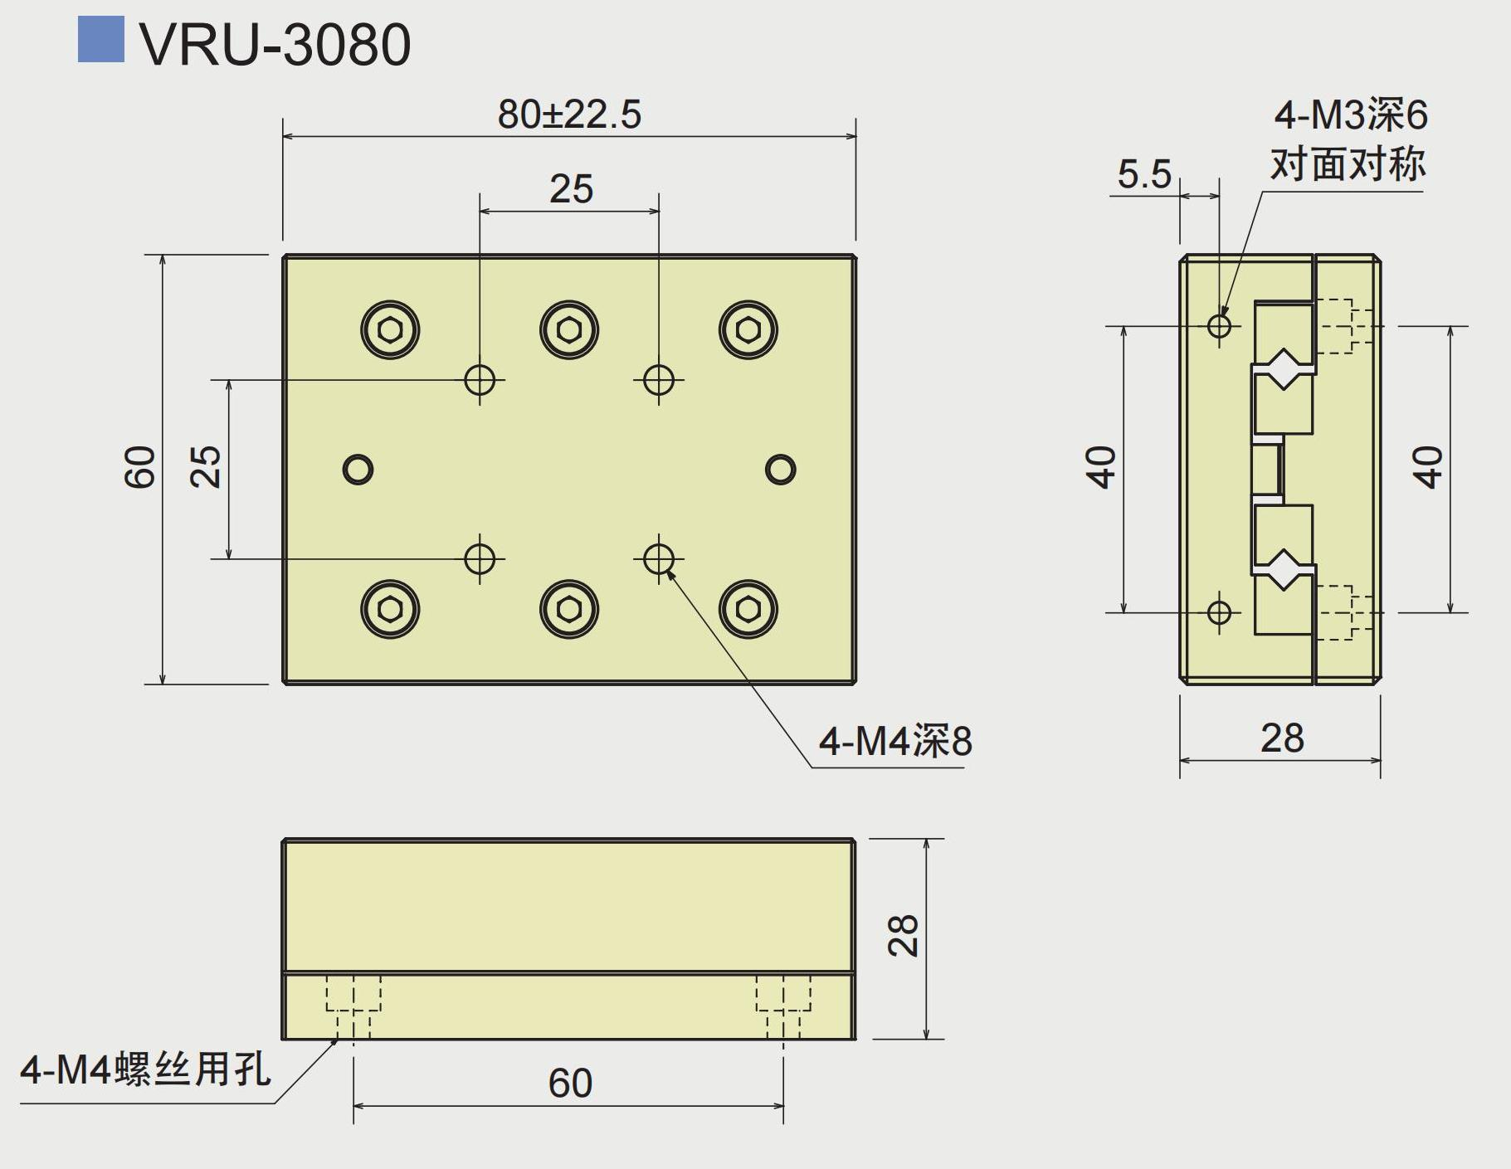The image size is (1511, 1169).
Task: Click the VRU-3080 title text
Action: (275, 45)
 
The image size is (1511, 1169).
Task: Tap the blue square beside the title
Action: (100, 39)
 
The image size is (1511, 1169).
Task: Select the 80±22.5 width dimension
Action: (569, 114)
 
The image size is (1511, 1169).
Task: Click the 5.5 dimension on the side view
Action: (1143, 174)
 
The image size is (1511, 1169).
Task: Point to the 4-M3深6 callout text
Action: (1350, 114)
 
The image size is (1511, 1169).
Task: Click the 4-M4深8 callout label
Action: (894, 741)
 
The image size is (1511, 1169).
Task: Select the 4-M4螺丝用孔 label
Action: (145, 1069)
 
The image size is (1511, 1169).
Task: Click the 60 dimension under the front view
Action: (570, 1084)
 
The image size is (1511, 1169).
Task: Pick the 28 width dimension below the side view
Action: (1282, 738)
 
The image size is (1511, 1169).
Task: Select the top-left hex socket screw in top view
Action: (390, 329)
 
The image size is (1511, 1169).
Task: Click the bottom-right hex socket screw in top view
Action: (748, 609)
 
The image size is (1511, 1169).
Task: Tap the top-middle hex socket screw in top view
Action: (569, 329)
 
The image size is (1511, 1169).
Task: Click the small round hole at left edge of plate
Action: (358, 470)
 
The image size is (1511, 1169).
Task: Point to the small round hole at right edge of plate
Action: (780, 470)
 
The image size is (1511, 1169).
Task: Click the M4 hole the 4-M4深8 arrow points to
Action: (659, 558)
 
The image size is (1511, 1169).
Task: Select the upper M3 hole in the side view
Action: (1219, 324)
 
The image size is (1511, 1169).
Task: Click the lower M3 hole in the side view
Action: (1219, 612)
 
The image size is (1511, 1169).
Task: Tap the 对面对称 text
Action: (1348, 164)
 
